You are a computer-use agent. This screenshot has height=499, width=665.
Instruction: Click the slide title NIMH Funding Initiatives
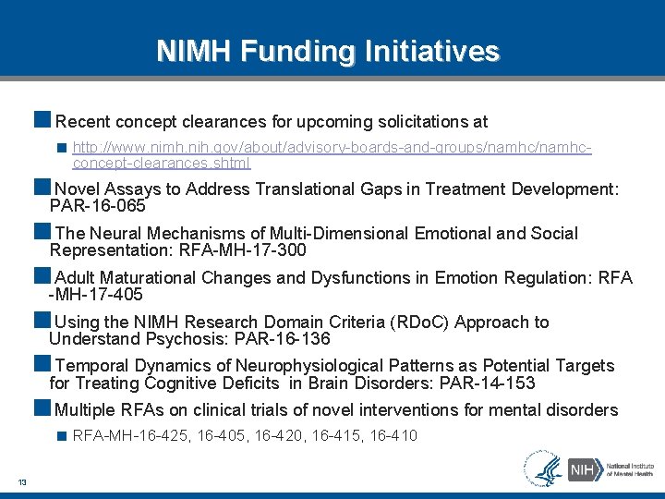328,50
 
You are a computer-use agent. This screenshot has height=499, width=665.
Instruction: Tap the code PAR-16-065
98,206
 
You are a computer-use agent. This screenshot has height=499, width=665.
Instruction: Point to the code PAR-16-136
282,339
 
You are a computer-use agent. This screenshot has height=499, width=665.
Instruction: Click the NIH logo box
581,469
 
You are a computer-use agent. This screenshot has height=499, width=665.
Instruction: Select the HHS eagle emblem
543,468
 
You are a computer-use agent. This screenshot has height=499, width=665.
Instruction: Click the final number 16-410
393,435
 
